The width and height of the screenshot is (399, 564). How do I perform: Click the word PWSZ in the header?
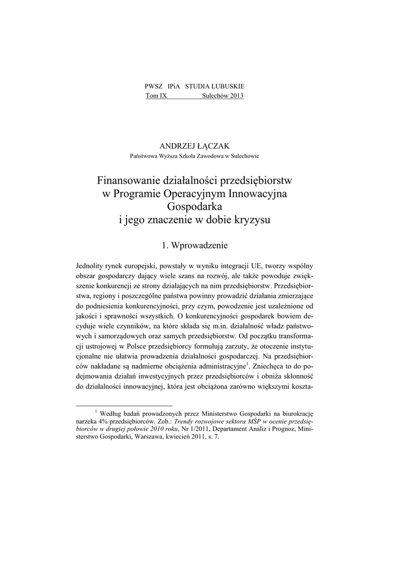point(152,87)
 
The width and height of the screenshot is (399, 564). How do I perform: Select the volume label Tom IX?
point(156,96)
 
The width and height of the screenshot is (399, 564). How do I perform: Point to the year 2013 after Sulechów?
point(236,96)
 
